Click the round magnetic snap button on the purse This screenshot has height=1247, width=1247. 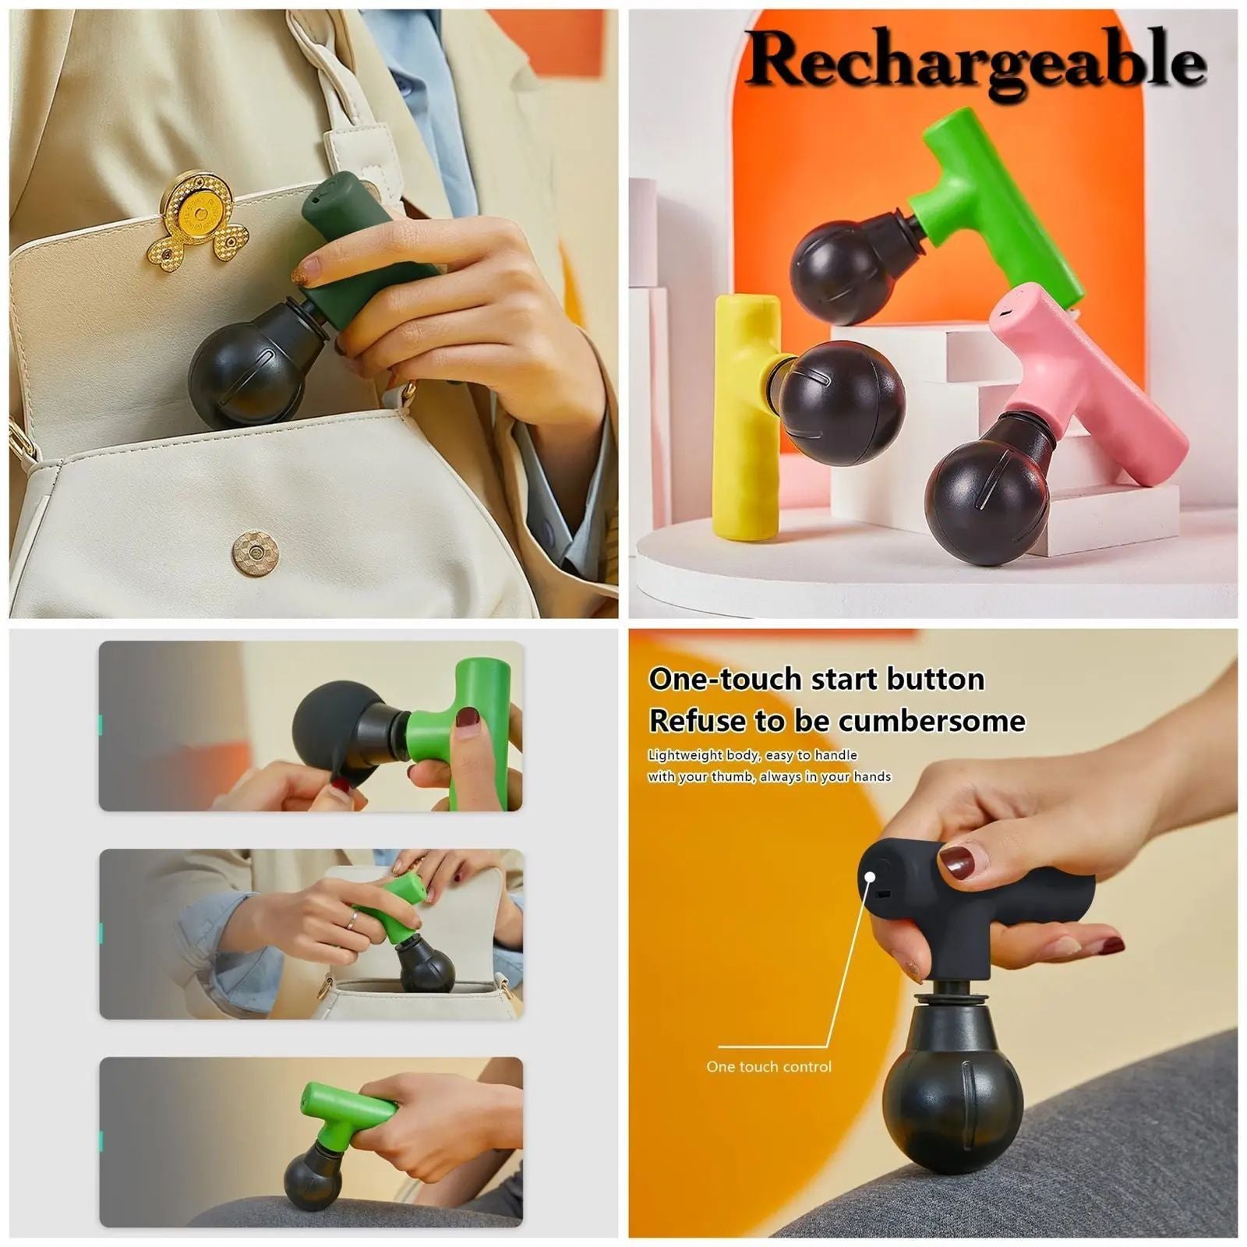[256, 552]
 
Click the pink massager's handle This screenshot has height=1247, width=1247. [1091, 374]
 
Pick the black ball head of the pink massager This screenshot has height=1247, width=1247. [986, 499]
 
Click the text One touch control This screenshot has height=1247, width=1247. [768, 1066]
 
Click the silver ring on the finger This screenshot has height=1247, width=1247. [352, 920]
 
